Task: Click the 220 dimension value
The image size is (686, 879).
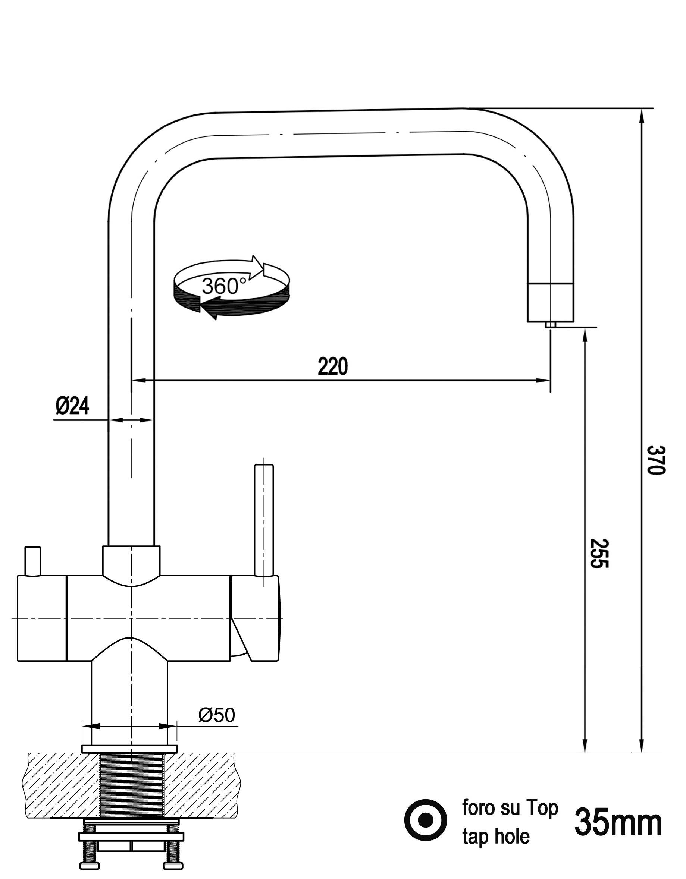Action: [x=332, y=366]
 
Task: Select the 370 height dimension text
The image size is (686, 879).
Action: [x=656, y=460]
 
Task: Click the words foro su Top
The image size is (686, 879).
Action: [x=510, y=808]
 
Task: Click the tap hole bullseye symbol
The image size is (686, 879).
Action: [x=426, y=820]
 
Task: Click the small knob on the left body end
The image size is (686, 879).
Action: [x=32, y=561]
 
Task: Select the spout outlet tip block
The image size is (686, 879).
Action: [x=550, y=302]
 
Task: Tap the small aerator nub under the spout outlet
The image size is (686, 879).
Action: [x=550, y=325]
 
